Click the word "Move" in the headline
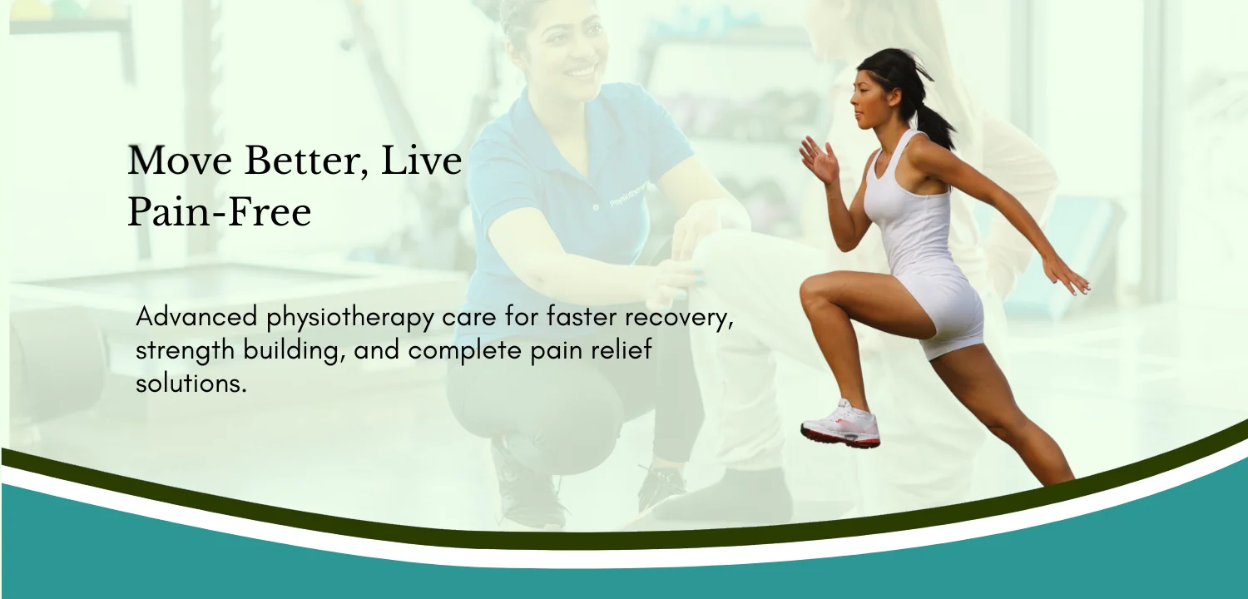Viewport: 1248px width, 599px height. (180, 161)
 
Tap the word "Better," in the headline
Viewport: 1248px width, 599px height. (306, 162)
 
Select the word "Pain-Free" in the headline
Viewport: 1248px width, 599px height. (220, 212)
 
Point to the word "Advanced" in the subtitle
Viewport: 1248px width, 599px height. (196, 316)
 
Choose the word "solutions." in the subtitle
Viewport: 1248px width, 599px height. (191, 384)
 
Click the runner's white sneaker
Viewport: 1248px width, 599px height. (840, 424)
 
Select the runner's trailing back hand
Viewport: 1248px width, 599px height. (1068, 279)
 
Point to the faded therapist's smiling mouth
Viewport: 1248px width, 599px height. (581, 72)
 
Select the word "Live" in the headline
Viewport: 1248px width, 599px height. (421, 161)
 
